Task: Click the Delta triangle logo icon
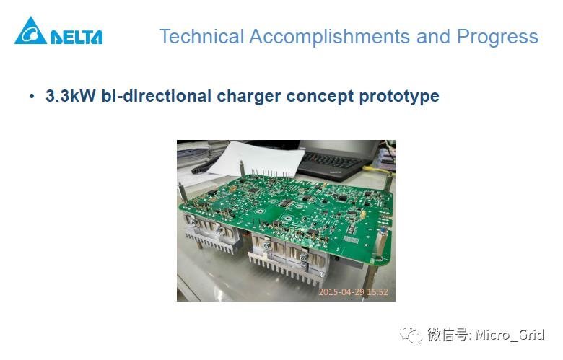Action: [30, 32]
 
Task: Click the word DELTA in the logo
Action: [77, 37]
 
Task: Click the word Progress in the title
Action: [497, 37]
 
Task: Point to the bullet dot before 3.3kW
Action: [32, 97]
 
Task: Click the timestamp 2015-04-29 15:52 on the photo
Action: [354, 292]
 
